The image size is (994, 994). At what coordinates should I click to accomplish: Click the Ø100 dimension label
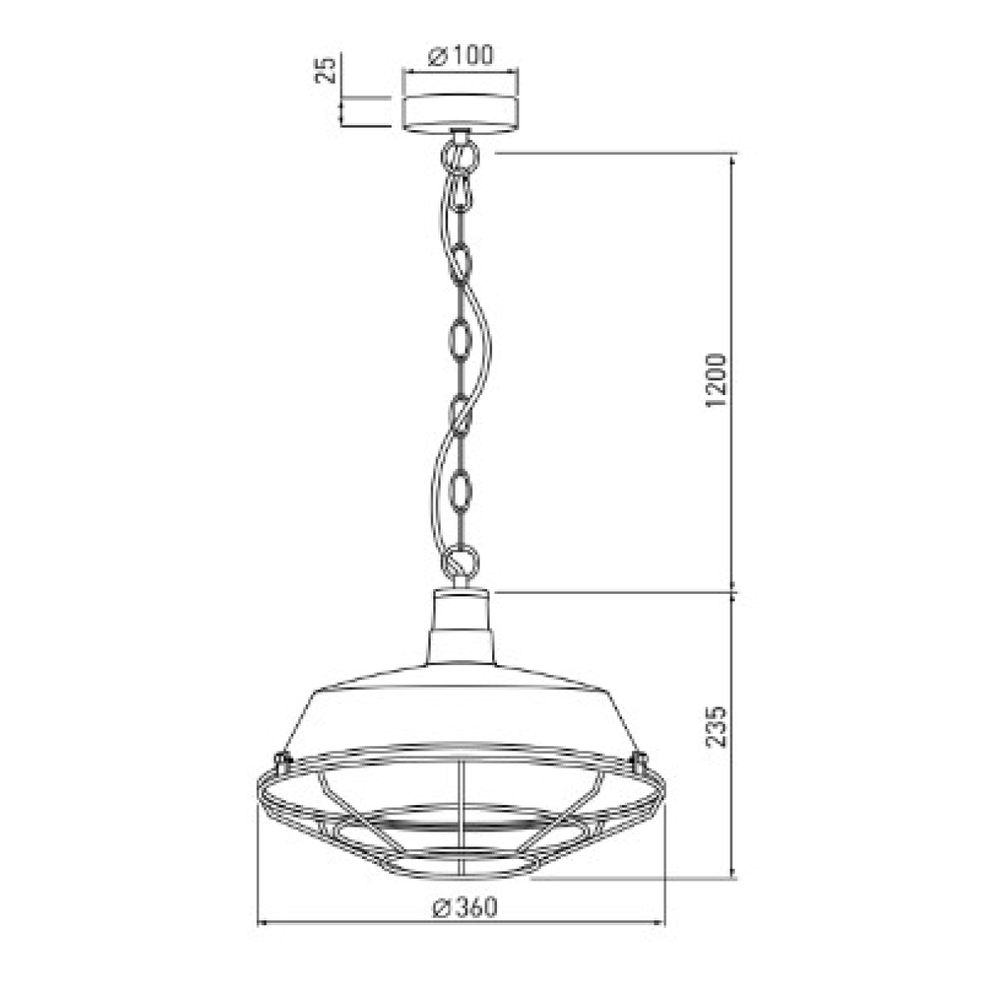pyautogui.click(x=460, y=55)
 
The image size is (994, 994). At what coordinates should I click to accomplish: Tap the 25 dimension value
pyautogui.click(x=326, y=70)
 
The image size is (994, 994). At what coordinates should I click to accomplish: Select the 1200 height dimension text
pyautogui.click(x=715, y=380)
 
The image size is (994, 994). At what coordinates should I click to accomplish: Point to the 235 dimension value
pyautogui.click(x=715, y=726)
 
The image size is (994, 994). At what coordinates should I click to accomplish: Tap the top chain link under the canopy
pyautogui.click(x=460, y=155)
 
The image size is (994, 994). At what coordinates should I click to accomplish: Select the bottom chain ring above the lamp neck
pyautogui.click(x=460, y=562)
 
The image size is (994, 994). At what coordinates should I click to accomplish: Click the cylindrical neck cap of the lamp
pyautogui.click(x=460, y=610)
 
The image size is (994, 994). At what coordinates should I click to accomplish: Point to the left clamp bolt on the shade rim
pyautogui.click(x=281, y=759)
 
